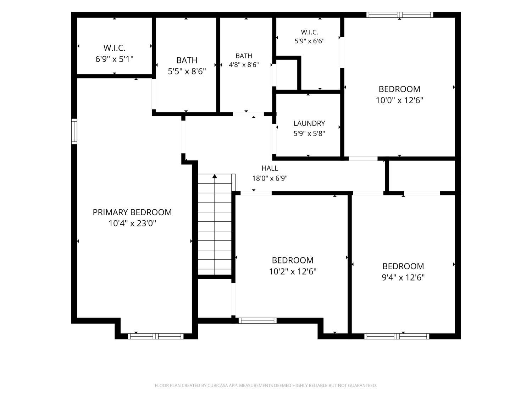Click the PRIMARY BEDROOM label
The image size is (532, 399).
(x=132, y=212)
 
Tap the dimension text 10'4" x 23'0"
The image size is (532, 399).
(x=132, y=223)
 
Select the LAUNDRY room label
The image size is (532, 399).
(x=309, y=123)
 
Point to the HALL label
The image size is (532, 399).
(x=270, y=168)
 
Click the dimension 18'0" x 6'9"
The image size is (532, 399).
(x=270, y=178)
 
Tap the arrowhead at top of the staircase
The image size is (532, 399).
(x=215, y=176)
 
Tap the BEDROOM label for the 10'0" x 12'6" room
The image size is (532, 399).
(x=399, y=89)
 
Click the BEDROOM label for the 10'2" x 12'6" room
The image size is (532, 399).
(x=293, y=260)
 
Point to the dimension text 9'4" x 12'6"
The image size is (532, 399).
(x=403, y=277)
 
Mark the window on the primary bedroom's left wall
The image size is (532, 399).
(x=74, y=131)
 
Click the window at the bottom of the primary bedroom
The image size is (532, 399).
(x=156, y=336)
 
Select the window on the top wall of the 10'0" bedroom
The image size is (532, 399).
(x=400, y=15)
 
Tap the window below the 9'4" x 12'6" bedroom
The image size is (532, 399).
(x=397, y=336)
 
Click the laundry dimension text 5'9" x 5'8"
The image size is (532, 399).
(x=309, y=133)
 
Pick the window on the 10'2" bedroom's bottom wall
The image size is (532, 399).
(x=257, y=321)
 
